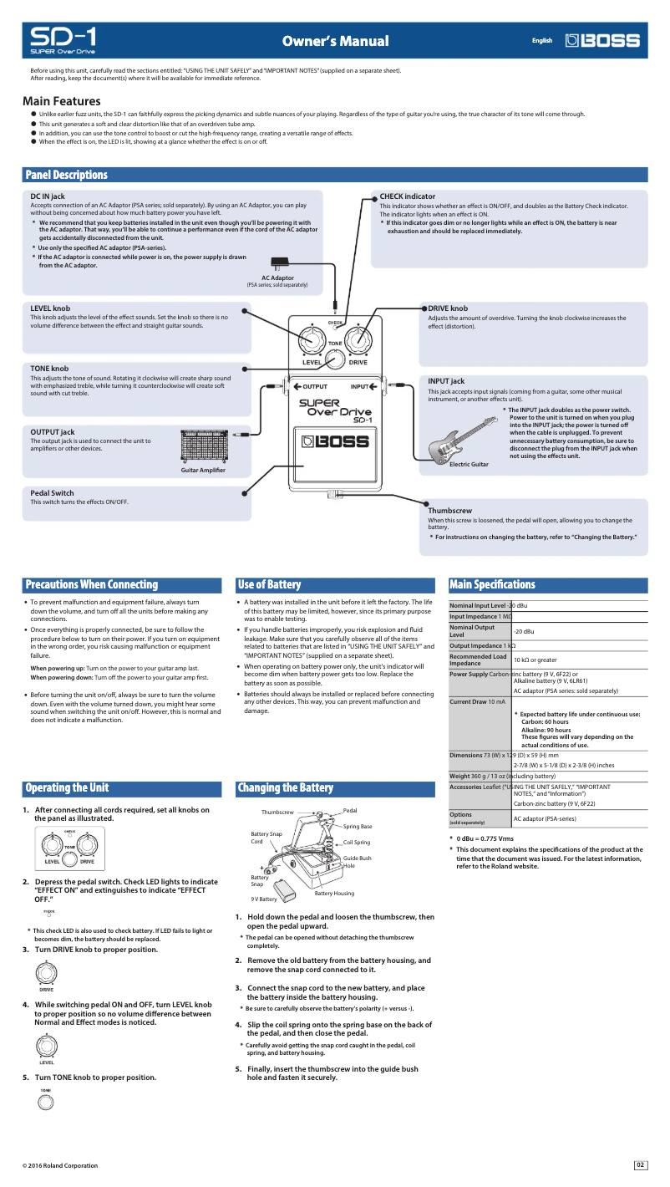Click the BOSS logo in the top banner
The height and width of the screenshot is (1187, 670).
pos(602,40)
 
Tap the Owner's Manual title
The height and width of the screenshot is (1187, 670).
pos(335,41)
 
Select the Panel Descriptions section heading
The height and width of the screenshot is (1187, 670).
pos(67,175)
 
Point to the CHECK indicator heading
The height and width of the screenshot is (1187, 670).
pos(407,196)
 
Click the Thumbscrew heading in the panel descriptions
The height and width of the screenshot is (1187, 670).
pos(449,510)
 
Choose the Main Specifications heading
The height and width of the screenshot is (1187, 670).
pos(492,584)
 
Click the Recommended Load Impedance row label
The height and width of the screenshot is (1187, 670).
pos(479,660)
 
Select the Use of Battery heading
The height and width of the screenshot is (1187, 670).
pos(269,584)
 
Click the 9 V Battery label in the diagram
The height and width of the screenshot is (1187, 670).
pos(264,899)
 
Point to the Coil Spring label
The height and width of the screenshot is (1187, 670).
pos(357,842)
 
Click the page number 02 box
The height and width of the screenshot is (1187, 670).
pos(641,1164)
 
